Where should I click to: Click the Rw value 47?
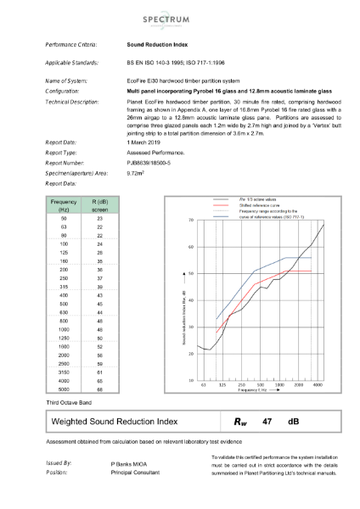[x=267, y=420]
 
